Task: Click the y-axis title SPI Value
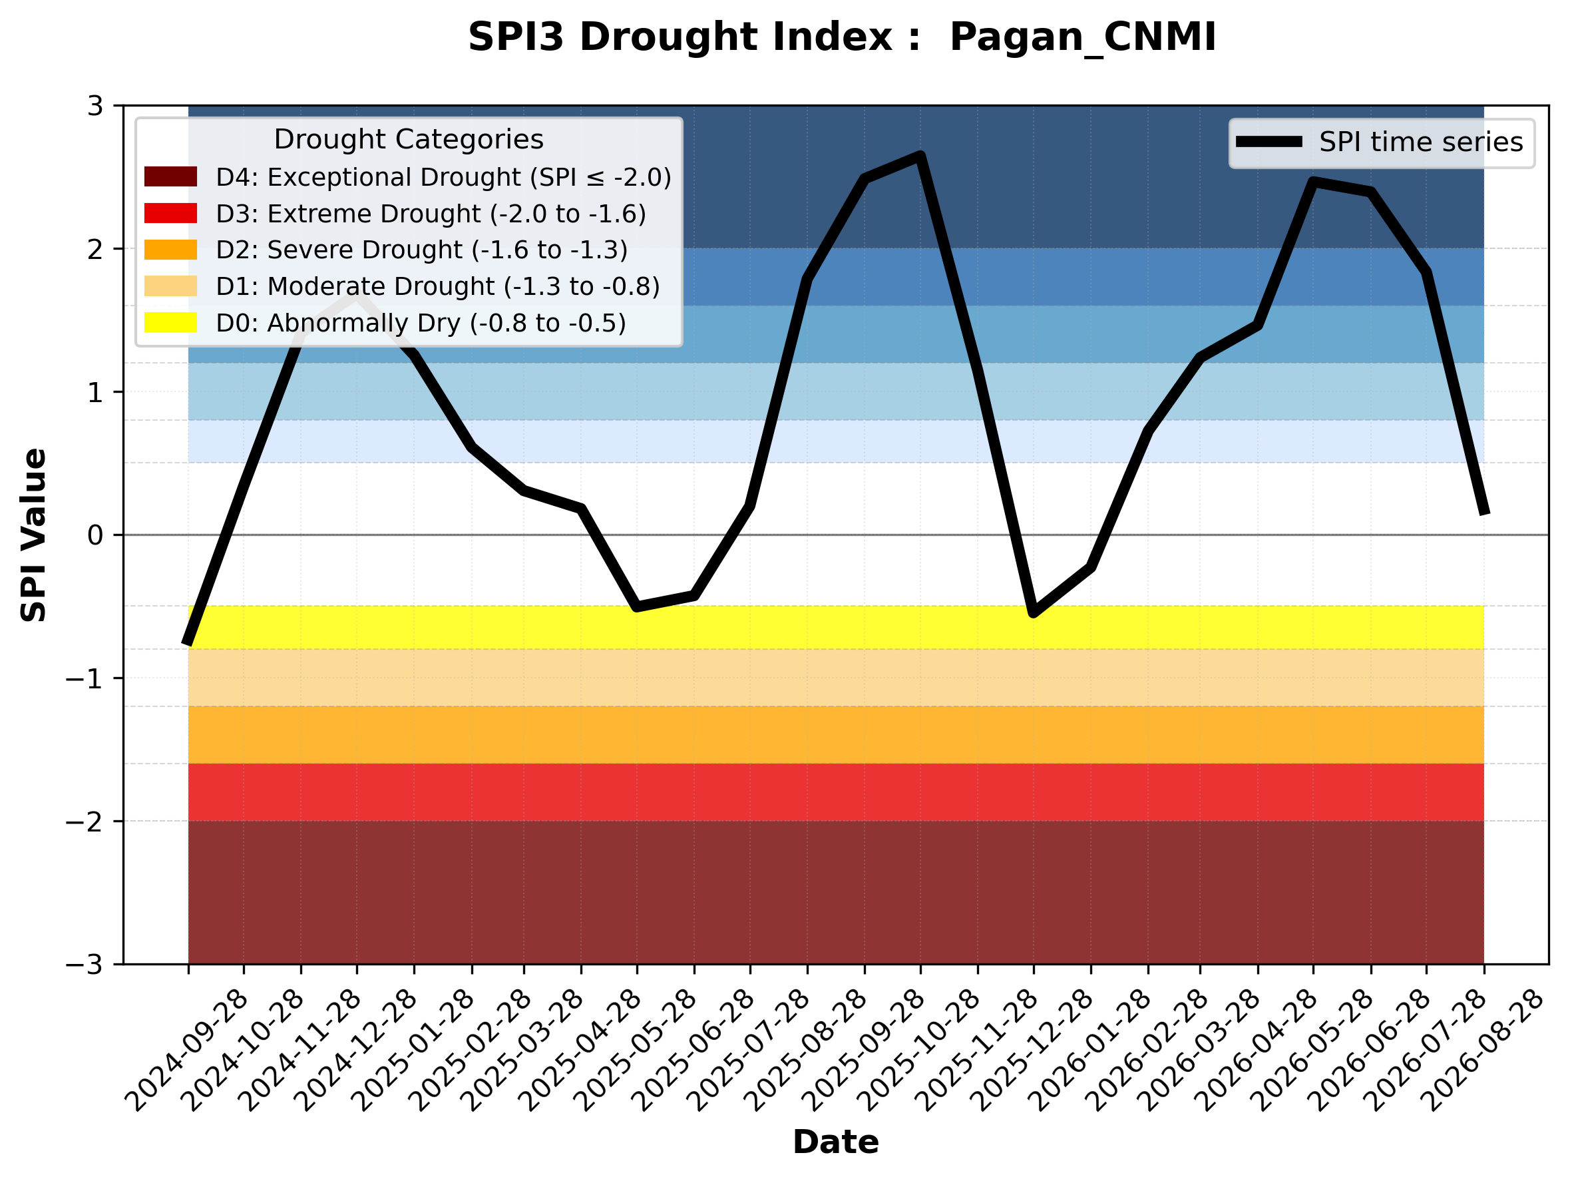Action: (34, 535)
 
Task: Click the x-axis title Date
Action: (836, 1142)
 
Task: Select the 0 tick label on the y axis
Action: (95, 535)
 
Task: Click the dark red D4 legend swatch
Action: (170, 176)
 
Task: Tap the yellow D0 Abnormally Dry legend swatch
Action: (170, 322)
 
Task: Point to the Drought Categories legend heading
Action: (409, 140)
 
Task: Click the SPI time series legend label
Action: (1421, 142)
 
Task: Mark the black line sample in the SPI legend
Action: (1269, 142)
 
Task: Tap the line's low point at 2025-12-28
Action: (1034, 613)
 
